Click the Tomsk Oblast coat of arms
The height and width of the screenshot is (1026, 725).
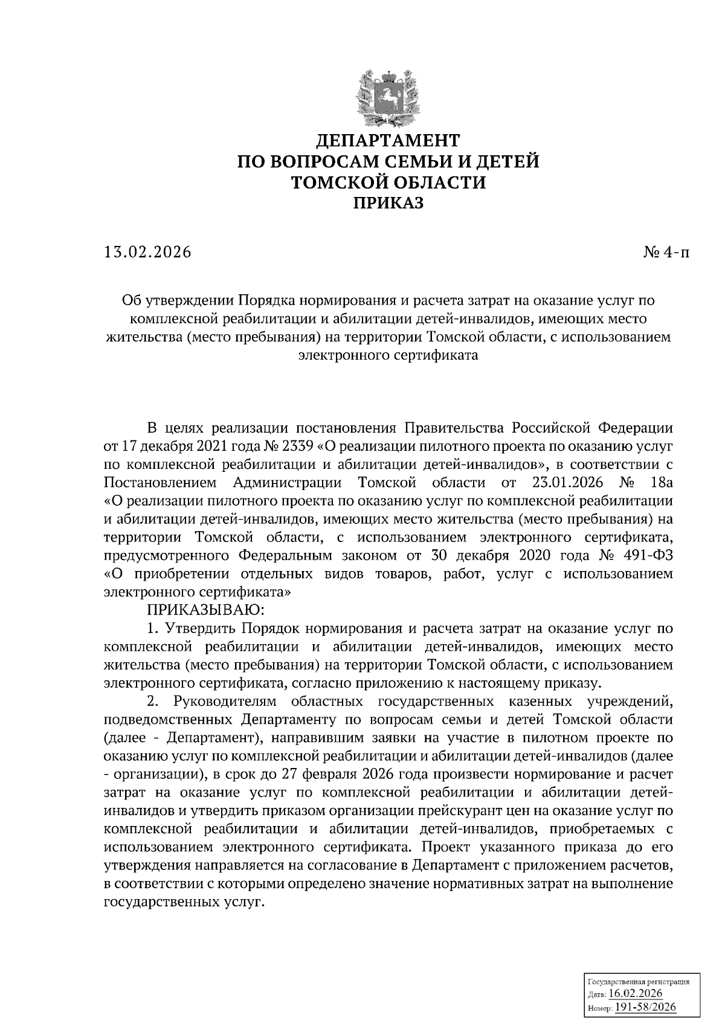click(x=388, y=95)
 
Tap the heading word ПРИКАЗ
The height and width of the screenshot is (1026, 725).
click(x=388, y=203)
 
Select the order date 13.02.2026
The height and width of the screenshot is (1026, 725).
click(x=147, y=252)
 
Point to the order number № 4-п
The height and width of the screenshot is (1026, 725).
click(x=665, y=252)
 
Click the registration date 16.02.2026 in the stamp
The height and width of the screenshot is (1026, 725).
click(x=636, y=994)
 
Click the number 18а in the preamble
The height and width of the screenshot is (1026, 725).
click(x=660, y=483)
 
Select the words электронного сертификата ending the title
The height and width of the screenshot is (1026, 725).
click(x=388, y=355)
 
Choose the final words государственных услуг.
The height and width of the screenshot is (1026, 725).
click(x=184, y=902)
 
